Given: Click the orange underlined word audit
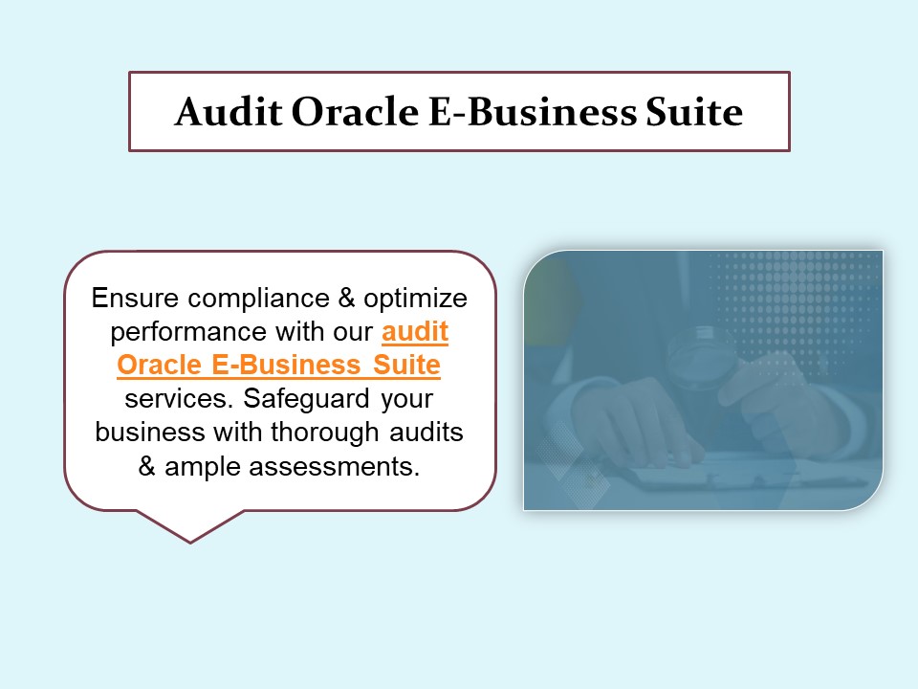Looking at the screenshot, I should [415, 332].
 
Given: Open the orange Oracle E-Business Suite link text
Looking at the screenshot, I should [278, 366].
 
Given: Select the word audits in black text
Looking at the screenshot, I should [427, 433].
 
